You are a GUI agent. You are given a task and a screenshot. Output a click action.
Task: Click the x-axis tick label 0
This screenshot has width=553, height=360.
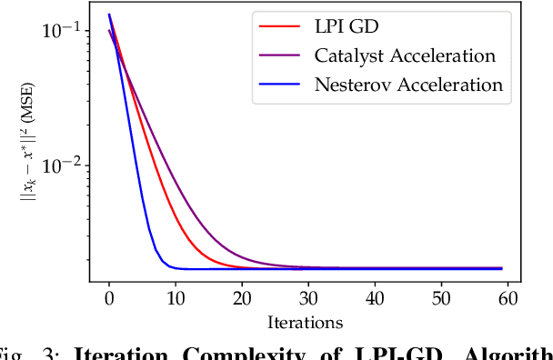109,298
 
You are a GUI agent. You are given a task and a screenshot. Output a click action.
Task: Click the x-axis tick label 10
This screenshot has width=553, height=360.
176,298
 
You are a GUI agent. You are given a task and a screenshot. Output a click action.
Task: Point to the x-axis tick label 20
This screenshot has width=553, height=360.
242,298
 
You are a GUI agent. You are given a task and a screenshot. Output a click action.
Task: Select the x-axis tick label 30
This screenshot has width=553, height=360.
308,298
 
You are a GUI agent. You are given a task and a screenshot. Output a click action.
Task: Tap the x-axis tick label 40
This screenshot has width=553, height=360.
375,298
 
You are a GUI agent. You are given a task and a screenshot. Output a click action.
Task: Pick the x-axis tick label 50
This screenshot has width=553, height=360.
441,298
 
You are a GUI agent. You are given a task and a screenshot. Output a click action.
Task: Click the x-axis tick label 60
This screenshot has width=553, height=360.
508,298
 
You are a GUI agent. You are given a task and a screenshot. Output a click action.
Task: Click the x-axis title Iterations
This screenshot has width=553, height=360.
305,322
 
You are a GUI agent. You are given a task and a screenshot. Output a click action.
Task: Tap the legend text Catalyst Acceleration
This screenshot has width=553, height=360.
405,56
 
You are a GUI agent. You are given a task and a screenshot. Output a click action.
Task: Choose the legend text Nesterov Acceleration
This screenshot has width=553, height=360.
407,85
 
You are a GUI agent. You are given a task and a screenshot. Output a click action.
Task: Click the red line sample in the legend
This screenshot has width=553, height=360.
278,27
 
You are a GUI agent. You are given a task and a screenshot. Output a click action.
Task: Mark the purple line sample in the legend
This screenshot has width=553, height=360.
278,56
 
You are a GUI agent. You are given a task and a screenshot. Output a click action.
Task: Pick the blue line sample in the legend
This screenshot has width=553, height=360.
278,85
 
